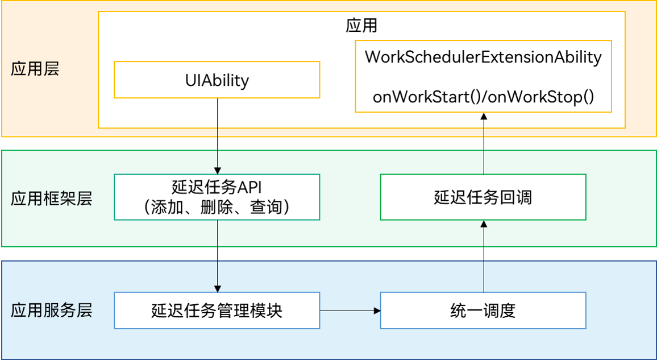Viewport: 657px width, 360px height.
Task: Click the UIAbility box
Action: (217, 80)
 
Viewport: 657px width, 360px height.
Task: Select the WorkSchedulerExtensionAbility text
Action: (483, 57)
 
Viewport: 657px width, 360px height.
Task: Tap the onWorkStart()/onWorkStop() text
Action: (483, 97)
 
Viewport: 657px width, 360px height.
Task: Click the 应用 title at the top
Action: (361, 26)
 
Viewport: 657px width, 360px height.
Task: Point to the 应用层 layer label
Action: (35, 69)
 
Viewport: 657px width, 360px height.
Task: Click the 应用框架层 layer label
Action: (51, 198)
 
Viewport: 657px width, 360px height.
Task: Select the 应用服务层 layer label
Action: (51, 311)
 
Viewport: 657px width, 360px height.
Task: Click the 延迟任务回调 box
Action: (483, 197)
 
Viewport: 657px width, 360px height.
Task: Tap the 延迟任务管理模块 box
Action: (217, 311)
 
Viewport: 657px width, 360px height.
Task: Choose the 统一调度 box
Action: (483, 311)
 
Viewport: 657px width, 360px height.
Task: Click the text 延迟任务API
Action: (217, 187)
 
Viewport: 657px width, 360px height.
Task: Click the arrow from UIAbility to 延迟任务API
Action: (217, 136)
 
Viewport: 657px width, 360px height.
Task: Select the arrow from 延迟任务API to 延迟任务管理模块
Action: (217, 256)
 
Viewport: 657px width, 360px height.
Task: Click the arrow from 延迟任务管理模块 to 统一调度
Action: (350, 311)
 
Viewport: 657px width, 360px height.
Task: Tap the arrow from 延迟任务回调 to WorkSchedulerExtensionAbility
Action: (484, 142)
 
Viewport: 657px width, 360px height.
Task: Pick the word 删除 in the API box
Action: (217, 208)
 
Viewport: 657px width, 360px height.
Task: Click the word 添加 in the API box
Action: (168, 208)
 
